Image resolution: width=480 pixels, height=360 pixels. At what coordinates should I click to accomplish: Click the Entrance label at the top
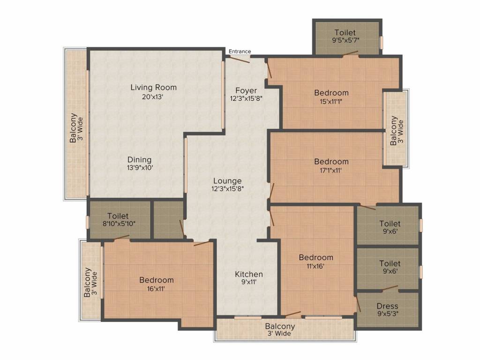pyautogui.click(x=240, y=52)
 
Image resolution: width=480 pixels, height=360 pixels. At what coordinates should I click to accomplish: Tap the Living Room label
pyautogui.click(x=153, y=87)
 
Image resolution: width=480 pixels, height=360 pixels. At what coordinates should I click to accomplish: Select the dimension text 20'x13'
pyautogui.click(x=153, y=97)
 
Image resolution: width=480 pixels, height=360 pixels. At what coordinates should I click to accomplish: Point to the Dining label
pyautogui.click(x=139, y=159)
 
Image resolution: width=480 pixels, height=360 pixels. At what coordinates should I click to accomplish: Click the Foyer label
pyautogui.click(x=246, y=90)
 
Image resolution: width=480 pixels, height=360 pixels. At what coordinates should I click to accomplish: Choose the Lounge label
pyautogui.click(x=227, y=180)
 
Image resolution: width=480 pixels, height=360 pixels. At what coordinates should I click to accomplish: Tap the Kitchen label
pyautogui.click(x=248, y=274)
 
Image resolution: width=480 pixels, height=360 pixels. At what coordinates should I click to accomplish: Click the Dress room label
pyautogui.click(x=387, y=307)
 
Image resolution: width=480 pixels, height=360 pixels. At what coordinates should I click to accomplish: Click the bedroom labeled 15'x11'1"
pyautogui.click(x=331, y=97)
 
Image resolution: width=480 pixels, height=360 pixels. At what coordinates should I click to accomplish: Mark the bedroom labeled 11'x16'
pyautogui.click(x=316, y=261)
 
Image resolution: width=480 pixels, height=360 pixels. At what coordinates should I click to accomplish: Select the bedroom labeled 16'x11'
pyautogui.click(x=156, y=284)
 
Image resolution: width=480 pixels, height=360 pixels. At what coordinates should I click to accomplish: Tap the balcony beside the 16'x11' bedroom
pyautogui.click(x=91, y=281)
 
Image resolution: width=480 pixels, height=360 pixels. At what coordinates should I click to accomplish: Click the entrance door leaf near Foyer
pyautogui.click(x=239, y=59)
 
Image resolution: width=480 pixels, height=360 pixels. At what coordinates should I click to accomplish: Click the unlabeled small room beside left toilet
pyautogui.click(x=167, y=219)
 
